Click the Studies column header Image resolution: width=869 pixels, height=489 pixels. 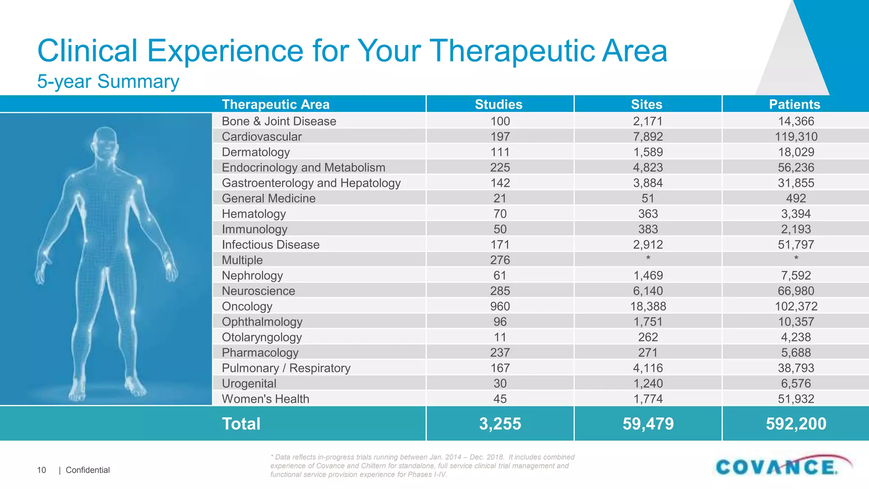tap(499, 104)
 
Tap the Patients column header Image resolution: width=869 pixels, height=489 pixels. tap(794, 104)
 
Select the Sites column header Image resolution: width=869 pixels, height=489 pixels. tap(647, 104)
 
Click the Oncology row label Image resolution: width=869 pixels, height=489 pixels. tap(247, 306)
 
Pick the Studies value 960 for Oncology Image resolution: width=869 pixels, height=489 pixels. tap(500, 306)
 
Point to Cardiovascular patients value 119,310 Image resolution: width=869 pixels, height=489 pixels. tap(796, 137)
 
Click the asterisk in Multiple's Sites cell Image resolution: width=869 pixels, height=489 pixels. tap(648, 258)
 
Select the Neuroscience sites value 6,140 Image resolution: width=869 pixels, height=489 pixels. tap(648, 291)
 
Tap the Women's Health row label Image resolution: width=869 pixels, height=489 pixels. tap(265, 399)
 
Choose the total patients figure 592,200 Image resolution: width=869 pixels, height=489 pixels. tap(796, 424)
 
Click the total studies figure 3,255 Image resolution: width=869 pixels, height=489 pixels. tap(500, 424)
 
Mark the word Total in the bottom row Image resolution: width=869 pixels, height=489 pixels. tap(241, 424)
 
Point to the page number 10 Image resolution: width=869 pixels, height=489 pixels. tap(42, 470)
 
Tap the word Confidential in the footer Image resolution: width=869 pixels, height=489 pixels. tap(87, 470)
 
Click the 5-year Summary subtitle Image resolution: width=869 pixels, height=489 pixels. tap(108, 81)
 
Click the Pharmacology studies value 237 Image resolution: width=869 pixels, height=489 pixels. tap(500, 353)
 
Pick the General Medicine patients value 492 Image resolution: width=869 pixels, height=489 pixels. tap(796, 198)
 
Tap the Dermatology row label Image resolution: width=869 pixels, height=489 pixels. tap(255, 152)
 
